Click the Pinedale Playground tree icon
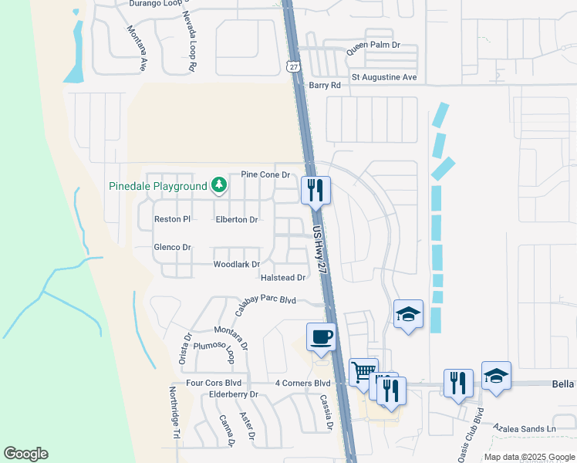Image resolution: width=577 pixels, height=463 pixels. coord(220,185)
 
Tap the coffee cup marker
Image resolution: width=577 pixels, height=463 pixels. coord(321,336)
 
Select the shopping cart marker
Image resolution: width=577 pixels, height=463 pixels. coord(363,372)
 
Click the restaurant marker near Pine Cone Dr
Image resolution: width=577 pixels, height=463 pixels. coord(315,190)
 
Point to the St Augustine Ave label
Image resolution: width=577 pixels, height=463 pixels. coord(384,77)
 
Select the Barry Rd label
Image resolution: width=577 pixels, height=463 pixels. coord(324,86)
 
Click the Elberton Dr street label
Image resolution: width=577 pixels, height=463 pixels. coord(236,220)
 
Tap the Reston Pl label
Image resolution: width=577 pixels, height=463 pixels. coord(172,219)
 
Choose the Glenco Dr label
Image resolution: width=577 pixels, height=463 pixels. coord(172,247)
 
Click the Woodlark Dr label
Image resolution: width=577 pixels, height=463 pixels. coord(236,265)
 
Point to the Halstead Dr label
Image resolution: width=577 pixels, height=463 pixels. coord(284,278)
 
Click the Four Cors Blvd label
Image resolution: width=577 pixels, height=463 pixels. coord(214,383)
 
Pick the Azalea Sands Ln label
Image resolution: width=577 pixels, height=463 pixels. coord(525,428)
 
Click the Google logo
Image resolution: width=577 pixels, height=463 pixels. coord(25,454)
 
